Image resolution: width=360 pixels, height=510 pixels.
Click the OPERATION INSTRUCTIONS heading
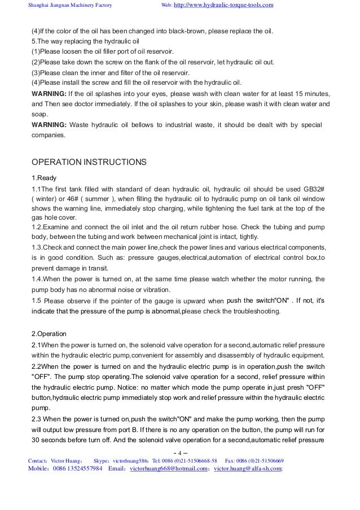point(89,162)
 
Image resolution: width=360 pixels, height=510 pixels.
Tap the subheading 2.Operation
point(50,333)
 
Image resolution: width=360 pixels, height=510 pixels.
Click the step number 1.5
point(37,299)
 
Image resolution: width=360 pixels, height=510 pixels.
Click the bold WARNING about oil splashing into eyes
point(49,93)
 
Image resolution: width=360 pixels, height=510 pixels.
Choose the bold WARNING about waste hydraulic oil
point(49,124)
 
